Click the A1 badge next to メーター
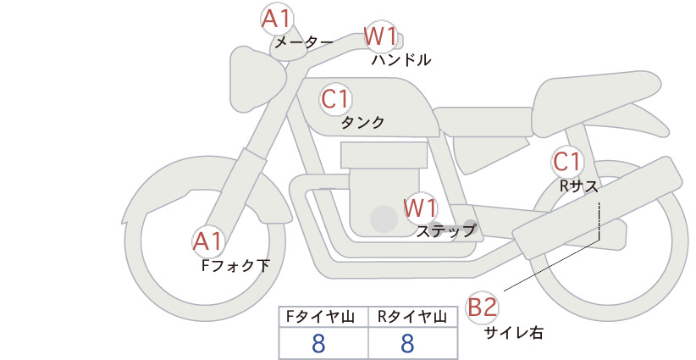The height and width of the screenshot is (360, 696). (x=276, y=19)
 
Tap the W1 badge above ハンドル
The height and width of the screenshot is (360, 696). (x=380, y=36)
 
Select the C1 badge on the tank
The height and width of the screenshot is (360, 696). (x=335, y=99)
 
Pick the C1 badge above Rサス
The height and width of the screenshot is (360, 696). (x=566, y=162)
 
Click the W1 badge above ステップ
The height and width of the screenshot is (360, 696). (x=420, y=208)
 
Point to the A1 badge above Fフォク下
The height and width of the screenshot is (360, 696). (x=207, y=241)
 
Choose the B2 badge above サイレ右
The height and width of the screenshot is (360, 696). (x=482, y=307)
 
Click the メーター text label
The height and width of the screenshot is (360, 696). (x=304, y=42)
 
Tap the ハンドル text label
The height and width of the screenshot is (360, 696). (x=401, y=59)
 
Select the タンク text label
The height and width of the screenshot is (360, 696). (x=362, y=123)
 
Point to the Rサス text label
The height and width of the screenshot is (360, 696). (x=578, y=187)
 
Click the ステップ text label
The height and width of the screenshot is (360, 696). (x=445, y=231)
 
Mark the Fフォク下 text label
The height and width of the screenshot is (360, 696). (x=235, y=265)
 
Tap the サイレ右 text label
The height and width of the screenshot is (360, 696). (x=513, y=333)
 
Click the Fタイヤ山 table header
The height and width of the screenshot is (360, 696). (x=320, y=317)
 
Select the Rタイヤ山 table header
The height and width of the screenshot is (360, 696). (x=412, y=317)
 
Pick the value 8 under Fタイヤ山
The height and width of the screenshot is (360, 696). (x=318, y=343)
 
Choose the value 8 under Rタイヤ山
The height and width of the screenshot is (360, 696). (x=407, y=343)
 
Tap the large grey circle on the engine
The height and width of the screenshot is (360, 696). (x=384, y=219)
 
